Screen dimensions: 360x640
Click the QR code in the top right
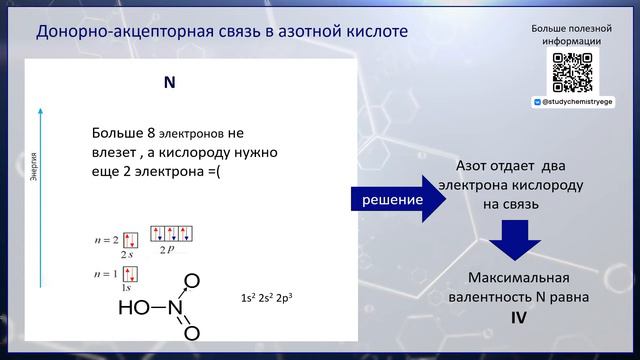point(572,72)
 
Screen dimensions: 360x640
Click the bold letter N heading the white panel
point(170,83)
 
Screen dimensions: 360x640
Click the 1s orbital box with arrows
point(130,274)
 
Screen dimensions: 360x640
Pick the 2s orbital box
point(130,241)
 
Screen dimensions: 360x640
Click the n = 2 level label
point(102,241)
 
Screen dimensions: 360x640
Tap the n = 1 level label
point(102,274)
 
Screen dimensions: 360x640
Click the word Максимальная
point(519,277)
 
